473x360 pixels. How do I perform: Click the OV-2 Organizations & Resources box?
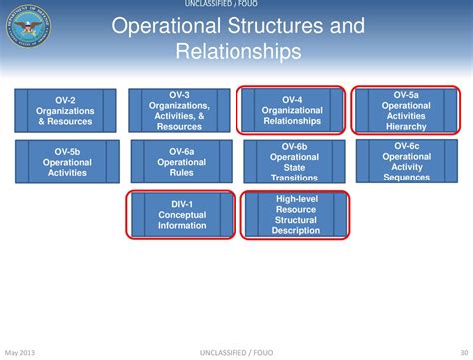65,110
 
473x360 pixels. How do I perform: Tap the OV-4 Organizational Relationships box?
292,110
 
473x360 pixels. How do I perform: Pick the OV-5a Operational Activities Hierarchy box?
405,110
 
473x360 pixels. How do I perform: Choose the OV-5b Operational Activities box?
68,161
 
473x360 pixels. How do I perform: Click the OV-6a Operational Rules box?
181,161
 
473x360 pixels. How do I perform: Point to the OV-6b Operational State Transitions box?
294,161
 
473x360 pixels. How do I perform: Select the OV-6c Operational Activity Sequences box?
406,161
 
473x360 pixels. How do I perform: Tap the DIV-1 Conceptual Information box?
181,214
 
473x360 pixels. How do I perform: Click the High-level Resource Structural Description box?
296,215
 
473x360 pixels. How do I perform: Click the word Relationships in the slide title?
236,50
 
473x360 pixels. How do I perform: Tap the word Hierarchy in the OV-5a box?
405,127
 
